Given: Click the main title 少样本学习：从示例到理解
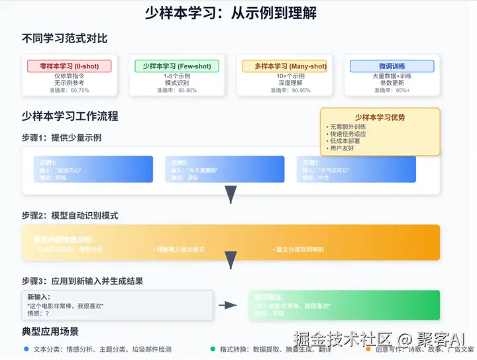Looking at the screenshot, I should point(238,13).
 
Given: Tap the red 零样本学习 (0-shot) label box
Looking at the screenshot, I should point(70,66).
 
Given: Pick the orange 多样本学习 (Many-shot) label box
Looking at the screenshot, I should point(284,66).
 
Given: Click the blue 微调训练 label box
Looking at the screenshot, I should point(392,66).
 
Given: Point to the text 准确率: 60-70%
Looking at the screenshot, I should point(70,90).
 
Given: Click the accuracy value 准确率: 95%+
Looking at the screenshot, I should point(392,90).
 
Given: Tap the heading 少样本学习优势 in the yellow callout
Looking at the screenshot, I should point(380,117).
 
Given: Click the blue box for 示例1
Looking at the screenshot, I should point(93,169).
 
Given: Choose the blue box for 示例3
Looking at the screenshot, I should point(356,169).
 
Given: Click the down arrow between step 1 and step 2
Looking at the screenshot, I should point(231,194).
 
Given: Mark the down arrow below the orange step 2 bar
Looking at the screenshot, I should point(231,260).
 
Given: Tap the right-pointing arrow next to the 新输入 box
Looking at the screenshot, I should point(228,305).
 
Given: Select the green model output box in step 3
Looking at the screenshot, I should point(343,305).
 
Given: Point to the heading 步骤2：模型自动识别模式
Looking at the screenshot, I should point(70,215).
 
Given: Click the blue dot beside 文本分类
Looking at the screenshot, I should point(26,349).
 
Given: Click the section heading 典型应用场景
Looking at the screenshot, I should point(50,331).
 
